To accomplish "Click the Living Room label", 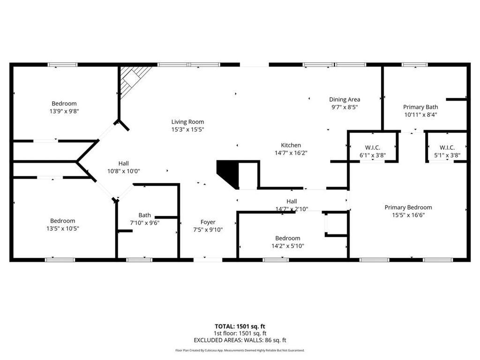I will pyautogui.click(x=187, y=122).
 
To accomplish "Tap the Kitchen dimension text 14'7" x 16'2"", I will pyautogui.click(x=291, y=153).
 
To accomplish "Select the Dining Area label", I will pyautogui.click(x=345, y=99).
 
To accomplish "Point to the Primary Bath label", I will pyautogui.click(x=420, y=107).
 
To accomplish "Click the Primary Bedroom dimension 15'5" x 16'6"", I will pyautogui.click(x=408, y=215).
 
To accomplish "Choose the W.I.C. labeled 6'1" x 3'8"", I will pyautogui.click(x=373, y=147).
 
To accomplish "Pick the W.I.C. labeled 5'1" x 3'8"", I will pyautogui.click(x=447, y=147).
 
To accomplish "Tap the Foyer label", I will pyautogui.click(x=208, y=222).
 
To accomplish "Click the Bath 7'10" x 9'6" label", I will pyautogui.click(x=144, y=216).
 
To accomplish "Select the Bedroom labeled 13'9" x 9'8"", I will pyautogui.click(x=64, y=104).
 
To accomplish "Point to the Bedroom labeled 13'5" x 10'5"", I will pyautogui.click(x=63, y=221).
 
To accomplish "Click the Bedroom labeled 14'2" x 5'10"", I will pyautogui.click(x=288, y=238).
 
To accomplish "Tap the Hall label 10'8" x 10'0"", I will pyautogui.click(x=124, y=163).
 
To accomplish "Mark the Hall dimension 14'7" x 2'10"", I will pyautogui.click(x=292, y=209).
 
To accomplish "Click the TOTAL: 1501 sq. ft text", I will pyautogui.click(x=240, y=326).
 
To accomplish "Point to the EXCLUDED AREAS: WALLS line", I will pyautogui.click(x=240, y=340).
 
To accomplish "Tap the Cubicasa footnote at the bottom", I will pyautogui.click(x=240, y=350).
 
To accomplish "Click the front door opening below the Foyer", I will pyautogui.click(x=208, y=259).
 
